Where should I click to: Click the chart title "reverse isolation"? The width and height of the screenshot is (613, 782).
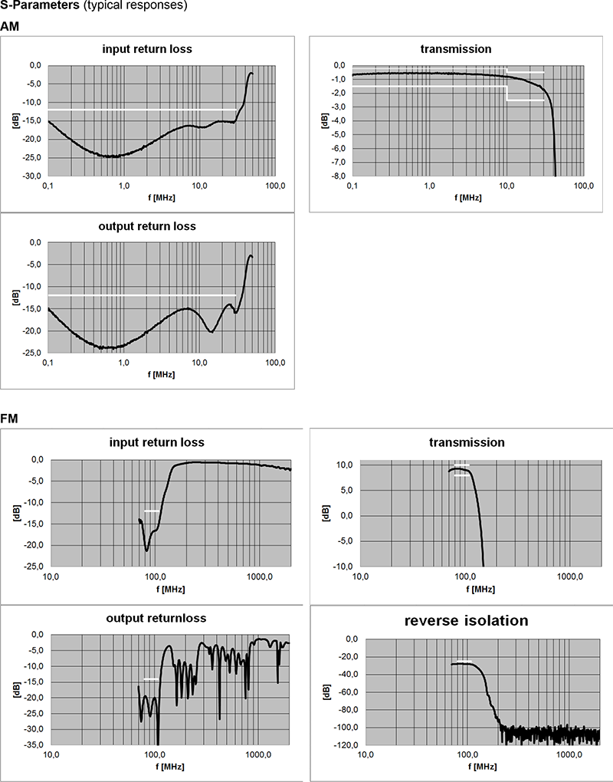click(x=466, y=621)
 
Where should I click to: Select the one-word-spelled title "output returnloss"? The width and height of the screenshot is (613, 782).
click(x=156, y=619)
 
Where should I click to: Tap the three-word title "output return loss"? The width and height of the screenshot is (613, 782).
click(x=147, y=226)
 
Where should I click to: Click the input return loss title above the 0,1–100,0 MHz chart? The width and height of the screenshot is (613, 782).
click(x=147, y=49)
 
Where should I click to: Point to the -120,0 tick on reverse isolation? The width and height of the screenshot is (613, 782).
click(x=349, y=745)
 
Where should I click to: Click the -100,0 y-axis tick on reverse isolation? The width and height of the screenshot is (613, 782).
click(x=349, y=728)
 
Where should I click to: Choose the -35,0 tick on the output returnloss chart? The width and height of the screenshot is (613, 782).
click(x=35, y=745)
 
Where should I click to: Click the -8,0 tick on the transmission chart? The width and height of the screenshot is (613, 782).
click(x=337, y=177)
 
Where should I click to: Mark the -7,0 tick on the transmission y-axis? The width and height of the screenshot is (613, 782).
click(x=337, y=163)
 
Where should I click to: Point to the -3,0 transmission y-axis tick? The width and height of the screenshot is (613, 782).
click(x=337, y=107)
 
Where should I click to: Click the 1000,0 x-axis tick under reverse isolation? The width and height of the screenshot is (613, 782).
click(x=569, y=755)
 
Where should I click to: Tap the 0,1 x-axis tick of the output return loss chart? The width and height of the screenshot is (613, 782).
click(x=48, y=362)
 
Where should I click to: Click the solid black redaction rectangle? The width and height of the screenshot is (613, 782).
click(x=490, y=320)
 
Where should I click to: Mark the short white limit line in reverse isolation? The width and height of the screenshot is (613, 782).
click(x=463, y=661)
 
